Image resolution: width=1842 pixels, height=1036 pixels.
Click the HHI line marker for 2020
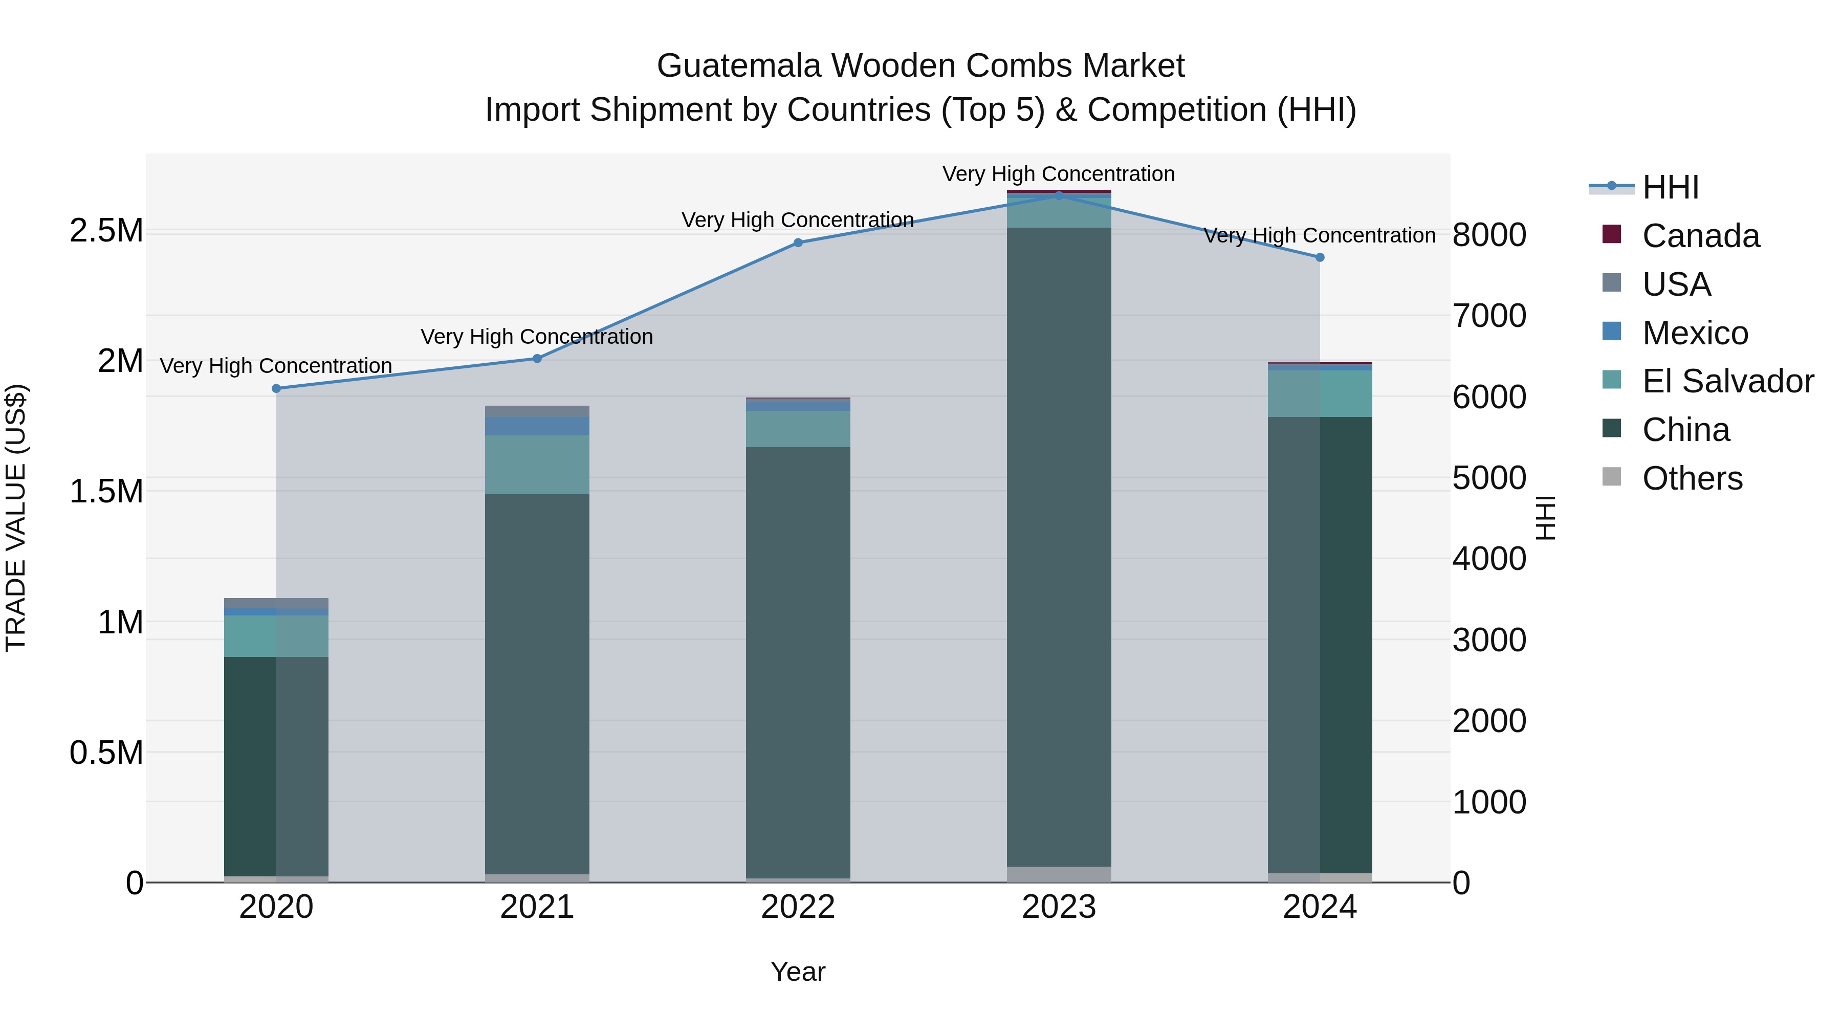coord(277,388)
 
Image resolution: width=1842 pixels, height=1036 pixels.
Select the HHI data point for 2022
coord(798,243)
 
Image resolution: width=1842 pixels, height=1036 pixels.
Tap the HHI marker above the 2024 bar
coord(1320,257)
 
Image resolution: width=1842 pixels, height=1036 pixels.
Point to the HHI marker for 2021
coord(538,358)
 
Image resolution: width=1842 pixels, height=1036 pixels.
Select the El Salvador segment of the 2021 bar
coord(537,465)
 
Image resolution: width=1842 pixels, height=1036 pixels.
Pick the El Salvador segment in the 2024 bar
coord(1320,393)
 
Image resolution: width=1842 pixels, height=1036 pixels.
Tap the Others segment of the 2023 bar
coord(1059,874)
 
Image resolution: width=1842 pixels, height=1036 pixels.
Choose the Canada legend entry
coord(1700,236)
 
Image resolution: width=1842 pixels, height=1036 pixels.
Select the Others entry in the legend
coord(1692,478)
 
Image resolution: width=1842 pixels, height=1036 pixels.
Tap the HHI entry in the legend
coord(1671,187)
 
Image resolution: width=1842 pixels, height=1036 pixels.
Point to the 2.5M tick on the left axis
coord(106,231)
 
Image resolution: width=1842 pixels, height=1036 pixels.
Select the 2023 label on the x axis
coord(1059,907)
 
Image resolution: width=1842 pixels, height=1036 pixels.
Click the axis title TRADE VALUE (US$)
coord(16,518)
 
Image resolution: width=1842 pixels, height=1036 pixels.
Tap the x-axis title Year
coord(798,972)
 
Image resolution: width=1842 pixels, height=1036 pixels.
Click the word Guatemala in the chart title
coord(739,66)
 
